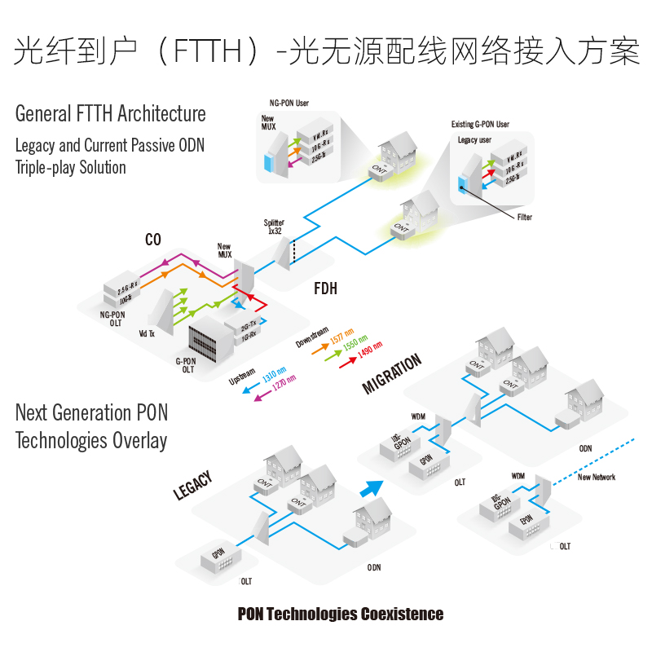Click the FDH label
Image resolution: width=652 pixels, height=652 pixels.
pos(326,289)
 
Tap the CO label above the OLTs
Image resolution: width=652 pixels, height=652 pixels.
pos(153,240)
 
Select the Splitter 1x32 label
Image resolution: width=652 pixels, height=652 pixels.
pos(274,227)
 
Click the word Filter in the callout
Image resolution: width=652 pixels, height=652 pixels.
pos(526,218)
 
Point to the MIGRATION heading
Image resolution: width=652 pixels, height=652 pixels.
pos(392,374)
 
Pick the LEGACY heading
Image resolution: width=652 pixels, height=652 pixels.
pos(193,486)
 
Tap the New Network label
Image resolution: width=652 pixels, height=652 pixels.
pos(597,477)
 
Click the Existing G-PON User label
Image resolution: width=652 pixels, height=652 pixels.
pos(480,125)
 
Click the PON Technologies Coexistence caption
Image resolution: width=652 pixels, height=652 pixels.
pos(341,614)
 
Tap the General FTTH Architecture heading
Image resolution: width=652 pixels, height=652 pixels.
pos(111,113)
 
